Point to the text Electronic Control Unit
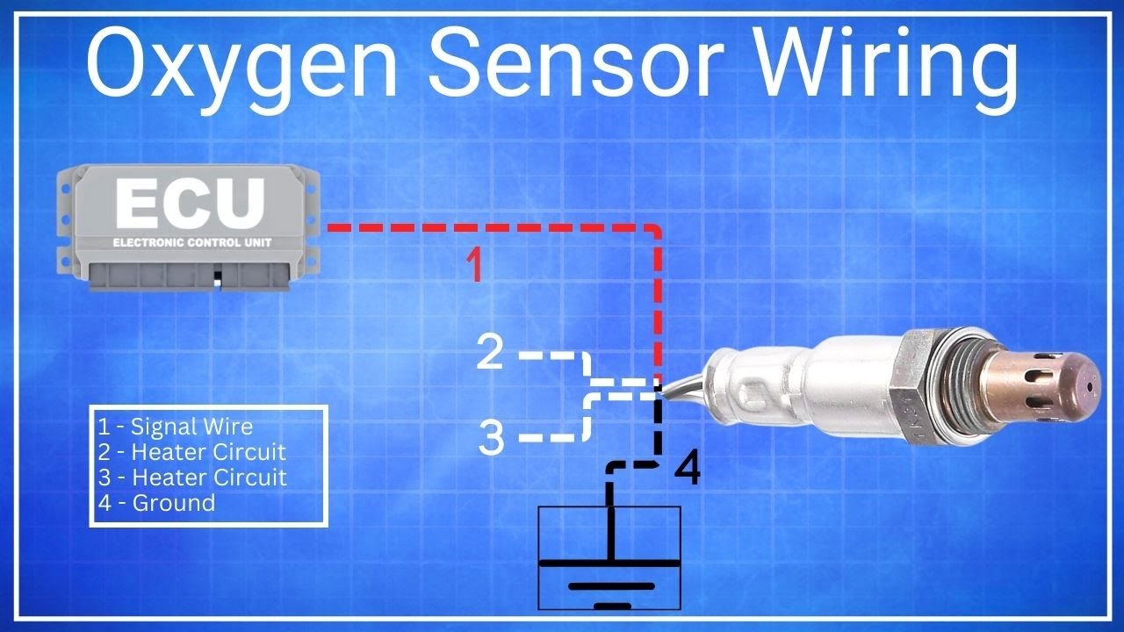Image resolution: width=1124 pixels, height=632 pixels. point(192,243)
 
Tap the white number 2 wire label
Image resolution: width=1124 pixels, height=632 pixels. point(489,352)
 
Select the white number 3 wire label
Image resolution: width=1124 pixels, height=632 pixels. point(491,437)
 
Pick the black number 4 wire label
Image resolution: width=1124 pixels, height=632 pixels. point(687,468)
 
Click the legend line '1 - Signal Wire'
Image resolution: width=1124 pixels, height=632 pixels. point(175,427)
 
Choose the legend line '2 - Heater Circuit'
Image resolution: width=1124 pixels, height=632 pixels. point(191,452)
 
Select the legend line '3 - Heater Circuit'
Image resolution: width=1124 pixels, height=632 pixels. point(192,477)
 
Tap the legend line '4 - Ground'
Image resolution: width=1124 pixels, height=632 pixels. point(156,503)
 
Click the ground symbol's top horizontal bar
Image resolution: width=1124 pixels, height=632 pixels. point(609,563)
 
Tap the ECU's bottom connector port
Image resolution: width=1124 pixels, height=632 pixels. point(190,276)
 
